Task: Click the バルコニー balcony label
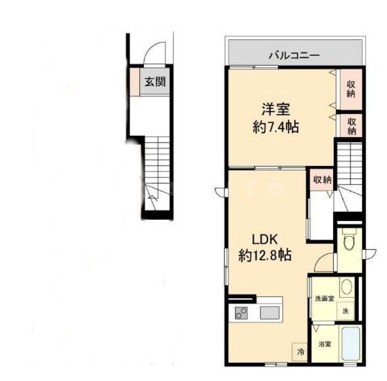coord(294,55)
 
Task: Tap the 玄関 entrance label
coord(155,82)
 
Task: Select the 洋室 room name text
coord(276,110)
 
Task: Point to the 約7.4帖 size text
coord(276,127)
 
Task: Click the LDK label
coord(265,239)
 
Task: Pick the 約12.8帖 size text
coord(265,255)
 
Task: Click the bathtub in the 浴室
coord(350,344)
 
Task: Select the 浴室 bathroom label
coord(325,344)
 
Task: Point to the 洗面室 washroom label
coord(325,299)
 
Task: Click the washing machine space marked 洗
coord(345,311)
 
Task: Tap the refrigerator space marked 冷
coord(300,353)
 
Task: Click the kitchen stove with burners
coord(241,313)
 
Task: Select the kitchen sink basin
coord(269,313)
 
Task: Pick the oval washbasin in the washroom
coord(347,287)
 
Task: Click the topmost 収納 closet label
coord(351,89)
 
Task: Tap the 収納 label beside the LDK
coord(322,180)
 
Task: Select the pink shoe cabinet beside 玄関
coord(135,82)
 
